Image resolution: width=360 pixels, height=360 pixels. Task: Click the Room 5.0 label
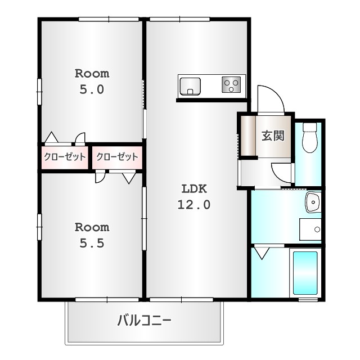click(92, 81)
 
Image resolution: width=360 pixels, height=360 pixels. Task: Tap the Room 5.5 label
click(92, 235)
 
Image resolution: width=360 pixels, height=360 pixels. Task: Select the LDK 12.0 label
click(194, 197)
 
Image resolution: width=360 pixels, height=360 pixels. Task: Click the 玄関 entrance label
click(273, 136)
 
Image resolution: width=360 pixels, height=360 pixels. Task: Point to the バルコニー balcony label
click(144, 321)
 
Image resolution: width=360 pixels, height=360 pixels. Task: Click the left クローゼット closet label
click(65, 157)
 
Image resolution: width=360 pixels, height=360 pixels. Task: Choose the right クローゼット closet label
click(117, 157)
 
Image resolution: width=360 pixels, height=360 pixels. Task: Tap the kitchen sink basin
click(190, 86)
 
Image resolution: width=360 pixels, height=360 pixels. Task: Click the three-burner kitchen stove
click(231, 84)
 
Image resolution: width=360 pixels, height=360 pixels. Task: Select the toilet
click(309, 138)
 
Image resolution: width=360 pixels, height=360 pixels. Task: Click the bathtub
click(305, 273)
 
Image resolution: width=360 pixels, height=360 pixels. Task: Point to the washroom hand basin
click(313, 202)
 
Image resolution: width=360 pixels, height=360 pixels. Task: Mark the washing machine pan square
click(310, 229)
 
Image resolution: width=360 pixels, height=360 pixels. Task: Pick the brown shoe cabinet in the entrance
click(248, 136)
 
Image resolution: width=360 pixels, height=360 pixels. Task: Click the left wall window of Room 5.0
click(39, 92)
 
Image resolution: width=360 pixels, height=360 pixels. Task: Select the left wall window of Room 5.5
click(39, 227)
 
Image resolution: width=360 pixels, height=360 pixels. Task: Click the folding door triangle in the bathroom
click(262, 253)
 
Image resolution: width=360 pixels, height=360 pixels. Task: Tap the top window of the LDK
click(180, 19)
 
